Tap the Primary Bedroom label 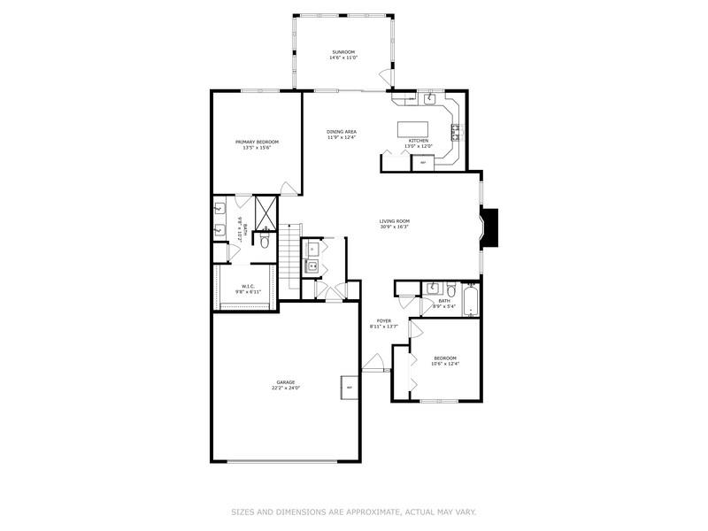click(257, 142)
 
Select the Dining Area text click(342, 132)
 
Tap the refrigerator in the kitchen click(423, 162)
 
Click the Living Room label click(394, 222)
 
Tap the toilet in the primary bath click(265, 239)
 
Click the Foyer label click(384, 321)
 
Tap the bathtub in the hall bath click(470, 301)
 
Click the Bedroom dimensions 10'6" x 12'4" click(445, 363)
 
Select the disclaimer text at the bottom click(354, 512)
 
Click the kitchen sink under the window click(428, 99)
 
